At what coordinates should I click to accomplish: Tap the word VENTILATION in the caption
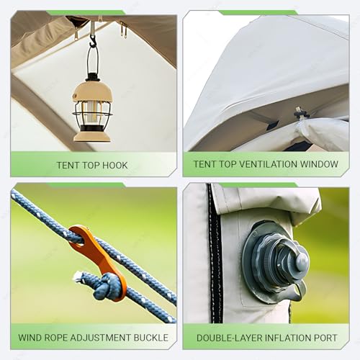269,164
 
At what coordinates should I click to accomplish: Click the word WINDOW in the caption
319,164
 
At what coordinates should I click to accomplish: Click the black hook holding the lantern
93,40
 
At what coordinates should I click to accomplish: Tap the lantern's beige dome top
93,92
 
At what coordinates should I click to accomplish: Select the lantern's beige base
92,136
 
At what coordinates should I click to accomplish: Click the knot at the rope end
107,286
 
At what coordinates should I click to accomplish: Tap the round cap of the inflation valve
302,262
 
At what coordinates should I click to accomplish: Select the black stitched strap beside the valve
215,253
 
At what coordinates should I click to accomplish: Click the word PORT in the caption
325,338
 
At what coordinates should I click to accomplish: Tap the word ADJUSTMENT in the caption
101,338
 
